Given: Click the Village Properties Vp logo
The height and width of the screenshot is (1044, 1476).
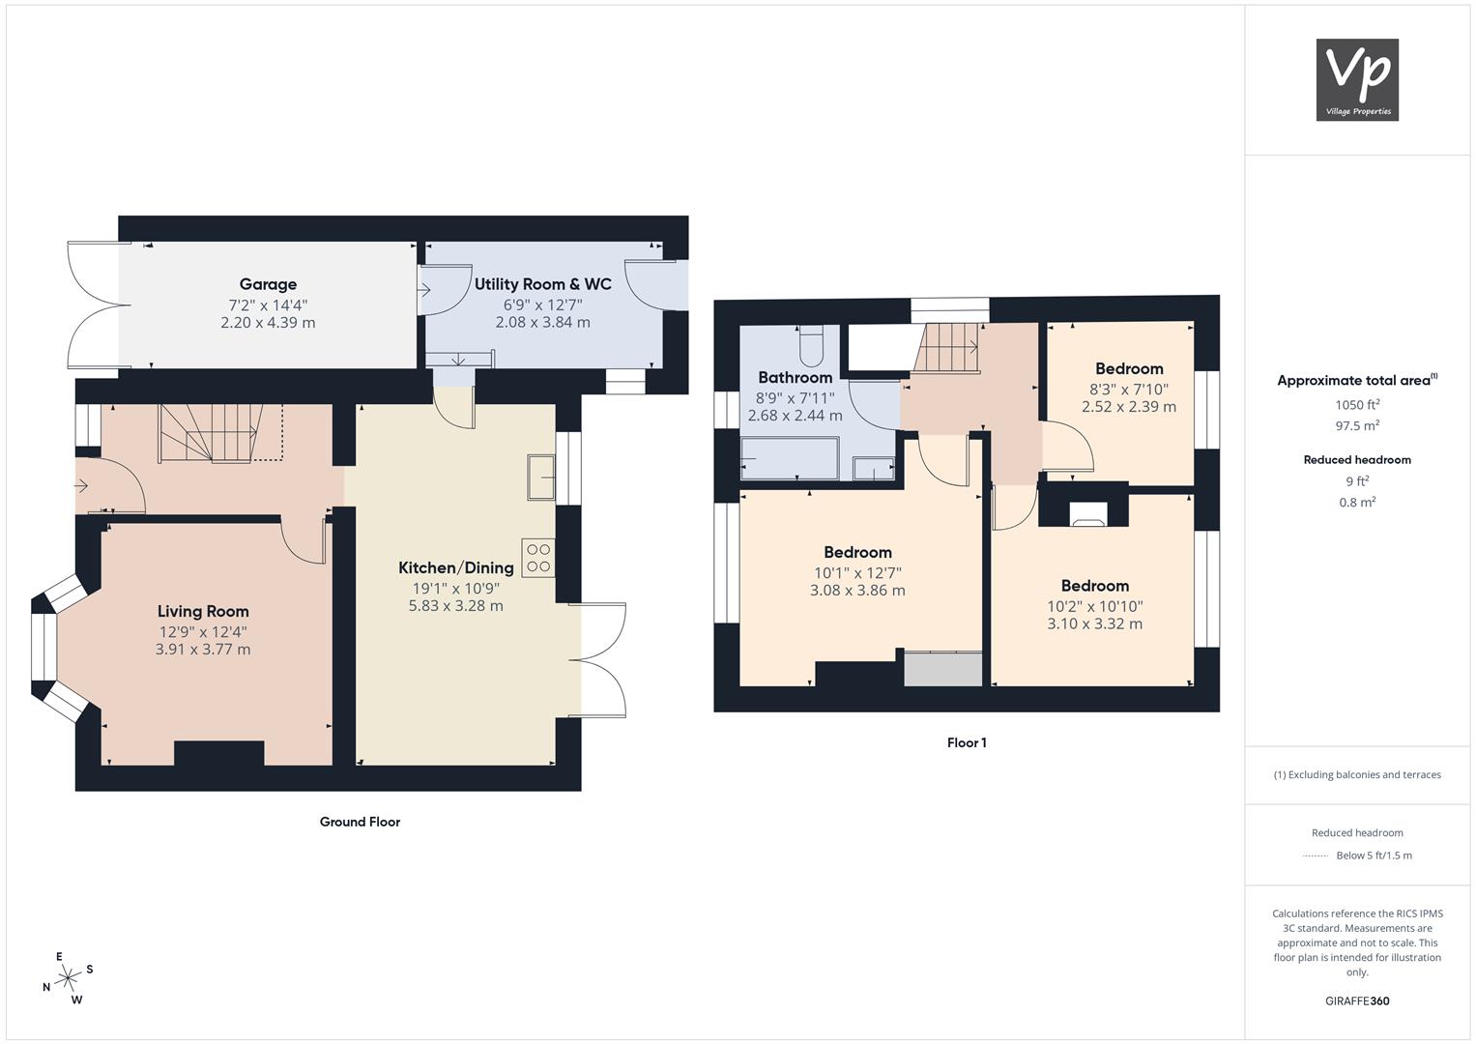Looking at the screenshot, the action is coord(1357,79).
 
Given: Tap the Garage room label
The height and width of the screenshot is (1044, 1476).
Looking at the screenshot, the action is coord(268,284).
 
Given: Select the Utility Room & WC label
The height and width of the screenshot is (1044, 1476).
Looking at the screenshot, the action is coord(543,284).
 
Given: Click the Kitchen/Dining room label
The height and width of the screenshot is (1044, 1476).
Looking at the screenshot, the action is coord(456,567).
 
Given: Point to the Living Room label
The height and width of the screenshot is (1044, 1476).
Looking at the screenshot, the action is coord(203,611).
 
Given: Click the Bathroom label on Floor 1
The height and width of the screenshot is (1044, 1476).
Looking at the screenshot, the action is coord(796,378).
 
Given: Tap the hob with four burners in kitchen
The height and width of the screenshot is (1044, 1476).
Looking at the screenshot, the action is coord(538,558).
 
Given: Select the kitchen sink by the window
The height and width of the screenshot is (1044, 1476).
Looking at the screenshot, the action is coord(541,477).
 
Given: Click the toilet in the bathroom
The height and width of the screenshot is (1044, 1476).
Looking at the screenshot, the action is coord(811,346).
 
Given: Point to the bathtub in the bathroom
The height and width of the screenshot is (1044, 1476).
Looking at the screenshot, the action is coord(790,459).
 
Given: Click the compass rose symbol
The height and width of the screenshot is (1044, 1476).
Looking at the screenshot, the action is coord(68,977).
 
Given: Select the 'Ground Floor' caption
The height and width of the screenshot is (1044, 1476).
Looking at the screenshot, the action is coord(360,822).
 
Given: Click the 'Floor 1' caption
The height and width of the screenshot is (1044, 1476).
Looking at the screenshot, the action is coord(967,742).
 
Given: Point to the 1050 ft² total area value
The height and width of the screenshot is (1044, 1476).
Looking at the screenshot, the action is coord(1357,405).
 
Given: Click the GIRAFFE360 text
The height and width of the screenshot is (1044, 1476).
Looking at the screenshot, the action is coord(1357,1000).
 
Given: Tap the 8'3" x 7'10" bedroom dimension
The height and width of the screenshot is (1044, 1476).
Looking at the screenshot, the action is coord(1129,390).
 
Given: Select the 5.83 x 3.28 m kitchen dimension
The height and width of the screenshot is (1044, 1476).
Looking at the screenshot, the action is coord(456,606).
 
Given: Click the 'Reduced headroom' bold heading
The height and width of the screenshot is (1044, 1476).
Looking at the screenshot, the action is coord(1357,460).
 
